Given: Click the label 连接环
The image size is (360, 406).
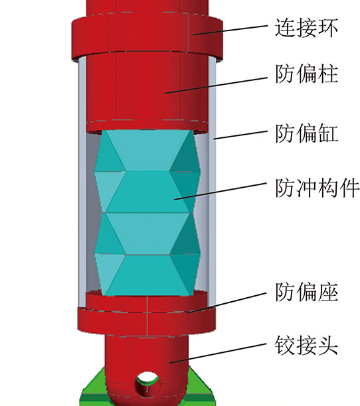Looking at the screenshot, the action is pos(306,27).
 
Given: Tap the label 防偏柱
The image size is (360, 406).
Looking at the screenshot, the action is pos(307,74).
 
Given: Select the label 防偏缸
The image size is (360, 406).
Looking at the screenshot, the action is pos(307,133).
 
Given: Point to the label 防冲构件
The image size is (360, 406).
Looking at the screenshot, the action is pos(317,188).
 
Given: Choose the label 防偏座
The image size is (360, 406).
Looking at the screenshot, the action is pos(307,292).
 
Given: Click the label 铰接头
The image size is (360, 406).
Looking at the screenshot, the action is pos(306,345).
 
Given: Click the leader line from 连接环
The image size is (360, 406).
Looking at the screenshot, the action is pos(230,30).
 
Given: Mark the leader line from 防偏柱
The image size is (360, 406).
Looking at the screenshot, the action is pos(216,85).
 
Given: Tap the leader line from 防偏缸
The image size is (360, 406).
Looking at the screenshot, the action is pos(240,135).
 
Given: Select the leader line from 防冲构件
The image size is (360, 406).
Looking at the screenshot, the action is pos(221,191).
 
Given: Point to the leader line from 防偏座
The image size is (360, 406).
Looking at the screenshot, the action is pos(227,303).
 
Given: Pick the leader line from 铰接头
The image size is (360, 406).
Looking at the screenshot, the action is pos(218,353).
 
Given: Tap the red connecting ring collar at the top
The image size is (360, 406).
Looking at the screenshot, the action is pos(147,37).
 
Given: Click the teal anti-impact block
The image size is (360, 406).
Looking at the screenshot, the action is pos(147,212).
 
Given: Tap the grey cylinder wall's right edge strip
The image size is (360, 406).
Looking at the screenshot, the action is pos(212,181).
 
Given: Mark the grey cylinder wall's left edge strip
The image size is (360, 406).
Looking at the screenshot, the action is pos(82,181).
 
